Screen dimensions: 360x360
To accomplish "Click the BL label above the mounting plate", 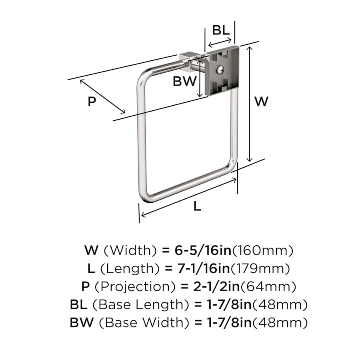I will point(221,30).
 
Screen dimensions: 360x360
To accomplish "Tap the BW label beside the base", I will point(184,81).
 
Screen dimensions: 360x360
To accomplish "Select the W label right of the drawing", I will point(262,101).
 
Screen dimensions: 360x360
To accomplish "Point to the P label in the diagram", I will point(92,102).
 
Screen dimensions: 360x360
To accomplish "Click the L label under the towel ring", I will point(197,206).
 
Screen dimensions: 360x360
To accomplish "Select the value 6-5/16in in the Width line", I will point(203,251).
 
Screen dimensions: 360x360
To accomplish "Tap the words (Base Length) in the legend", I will point(140,305).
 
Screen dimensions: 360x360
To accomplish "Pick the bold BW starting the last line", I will point(79,322).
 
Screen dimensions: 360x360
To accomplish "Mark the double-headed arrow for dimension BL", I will point(220,42).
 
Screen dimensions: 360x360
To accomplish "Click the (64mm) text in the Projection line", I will point(270,287).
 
